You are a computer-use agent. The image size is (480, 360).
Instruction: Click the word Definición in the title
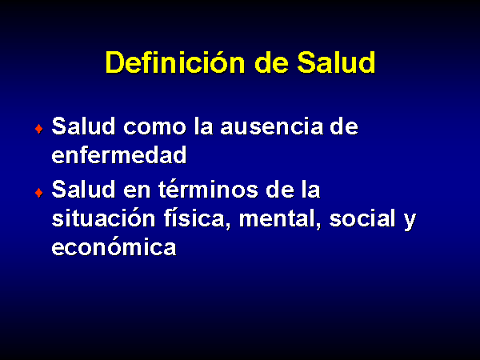175,62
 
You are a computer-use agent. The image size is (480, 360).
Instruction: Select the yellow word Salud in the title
336,62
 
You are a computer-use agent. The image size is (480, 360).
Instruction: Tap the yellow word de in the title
271,62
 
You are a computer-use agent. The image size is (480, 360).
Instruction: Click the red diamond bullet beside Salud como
39,129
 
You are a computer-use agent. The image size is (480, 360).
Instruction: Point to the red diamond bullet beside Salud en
39,193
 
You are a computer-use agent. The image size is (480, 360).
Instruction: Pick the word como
154,127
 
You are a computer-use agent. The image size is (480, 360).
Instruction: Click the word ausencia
272,126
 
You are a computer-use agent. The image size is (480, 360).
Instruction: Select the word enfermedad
119,155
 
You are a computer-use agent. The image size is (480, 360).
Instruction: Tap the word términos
208,190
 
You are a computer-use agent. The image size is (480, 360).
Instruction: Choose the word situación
103,218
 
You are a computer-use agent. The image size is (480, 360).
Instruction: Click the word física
197,218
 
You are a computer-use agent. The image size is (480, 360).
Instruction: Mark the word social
362,218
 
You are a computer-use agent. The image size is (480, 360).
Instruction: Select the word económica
114,246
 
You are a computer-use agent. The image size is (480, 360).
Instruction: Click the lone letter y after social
410,221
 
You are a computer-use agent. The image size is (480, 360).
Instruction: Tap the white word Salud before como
83,126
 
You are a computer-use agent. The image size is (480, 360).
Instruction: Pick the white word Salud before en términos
83,189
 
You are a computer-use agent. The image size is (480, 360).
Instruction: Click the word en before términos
137,191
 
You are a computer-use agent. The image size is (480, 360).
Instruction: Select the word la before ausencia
203,126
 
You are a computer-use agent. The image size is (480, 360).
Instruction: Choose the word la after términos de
310,189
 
